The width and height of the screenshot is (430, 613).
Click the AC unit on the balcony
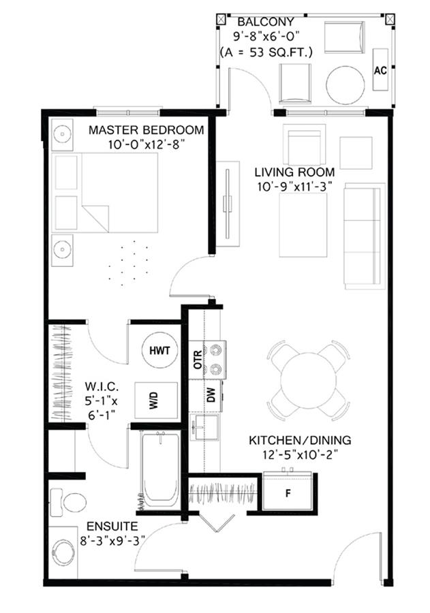tap(380, 70)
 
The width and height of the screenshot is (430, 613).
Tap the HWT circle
tap(159, 350)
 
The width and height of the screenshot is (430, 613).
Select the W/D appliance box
tap(156, 400)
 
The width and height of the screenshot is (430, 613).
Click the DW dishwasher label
tap(211, 395)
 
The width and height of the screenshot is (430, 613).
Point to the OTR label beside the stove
tap(198, 360)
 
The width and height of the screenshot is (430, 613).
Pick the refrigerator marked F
tap(288, 492)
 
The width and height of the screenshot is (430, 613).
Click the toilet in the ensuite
tap(68, 503)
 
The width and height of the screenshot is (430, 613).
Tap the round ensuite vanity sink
tap(63, 552)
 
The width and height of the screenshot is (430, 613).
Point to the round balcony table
tap(345, 85)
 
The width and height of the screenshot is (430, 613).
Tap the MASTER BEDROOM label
tap(147, 130)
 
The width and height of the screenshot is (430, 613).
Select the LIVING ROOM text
tap(294, 172)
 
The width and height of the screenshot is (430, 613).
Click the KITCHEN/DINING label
tap(300, 440)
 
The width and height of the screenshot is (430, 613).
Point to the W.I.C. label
tap(102, 387)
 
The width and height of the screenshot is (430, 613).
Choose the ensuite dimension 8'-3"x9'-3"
tap(112, 541)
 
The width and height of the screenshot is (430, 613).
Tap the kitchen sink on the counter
tap(204, 427)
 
